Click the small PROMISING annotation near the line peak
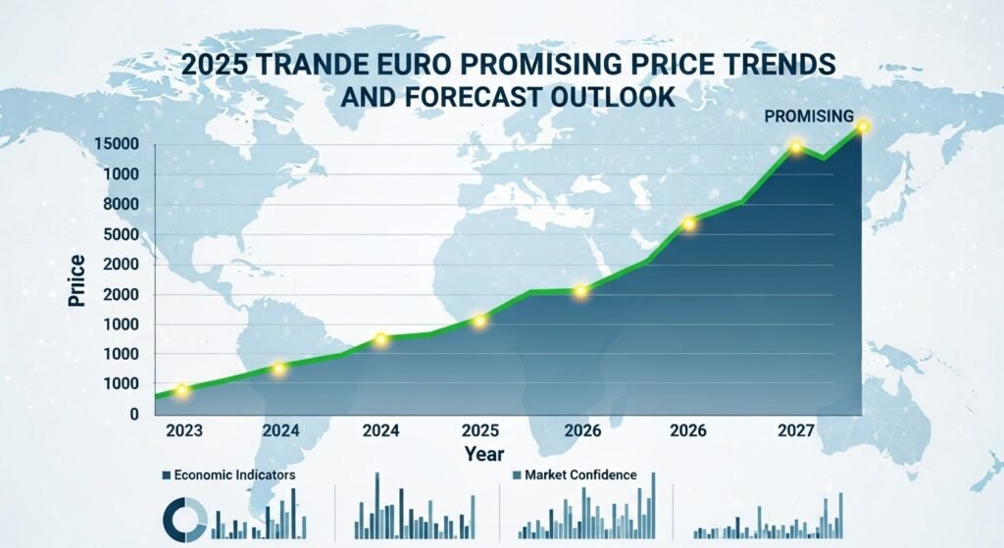coord(809,117)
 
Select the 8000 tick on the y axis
coord(123,205)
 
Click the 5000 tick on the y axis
coord(123,234)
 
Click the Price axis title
coord(76,280)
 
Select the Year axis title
coord(484,454)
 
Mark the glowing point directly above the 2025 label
coord(479,321)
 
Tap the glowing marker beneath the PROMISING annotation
coord(863,126)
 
